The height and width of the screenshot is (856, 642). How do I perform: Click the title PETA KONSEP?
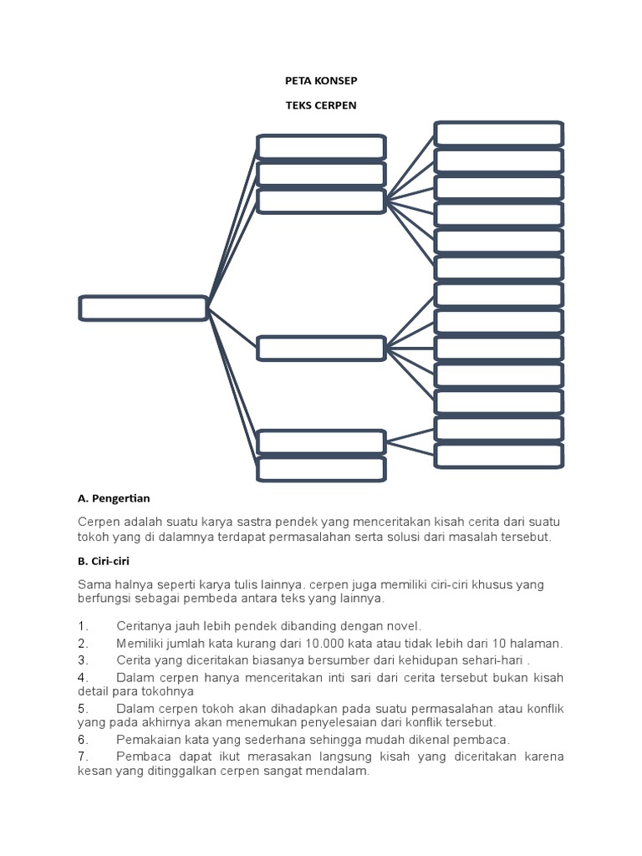[321, 82]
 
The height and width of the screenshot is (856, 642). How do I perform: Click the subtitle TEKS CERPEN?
[321, 106]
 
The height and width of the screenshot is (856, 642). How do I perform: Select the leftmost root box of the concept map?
[143, 308]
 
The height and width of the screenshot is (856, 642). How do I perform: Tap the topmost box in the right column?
[498, 134]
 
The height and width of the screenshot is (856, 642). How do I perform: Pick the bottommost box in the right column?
[498, 456]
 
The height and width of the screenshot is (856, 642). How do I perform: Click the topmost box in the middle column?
[321, 146]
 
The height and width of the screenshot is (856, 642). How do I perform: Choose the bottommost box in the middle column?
[321, 469]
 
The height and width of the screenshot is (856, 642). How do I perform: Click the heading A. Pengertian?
[114, 499]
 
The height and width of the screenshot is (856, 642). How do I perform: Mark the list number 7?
[83, 757]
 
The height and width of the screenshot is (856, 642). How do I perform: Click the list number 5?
[83, 708]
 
